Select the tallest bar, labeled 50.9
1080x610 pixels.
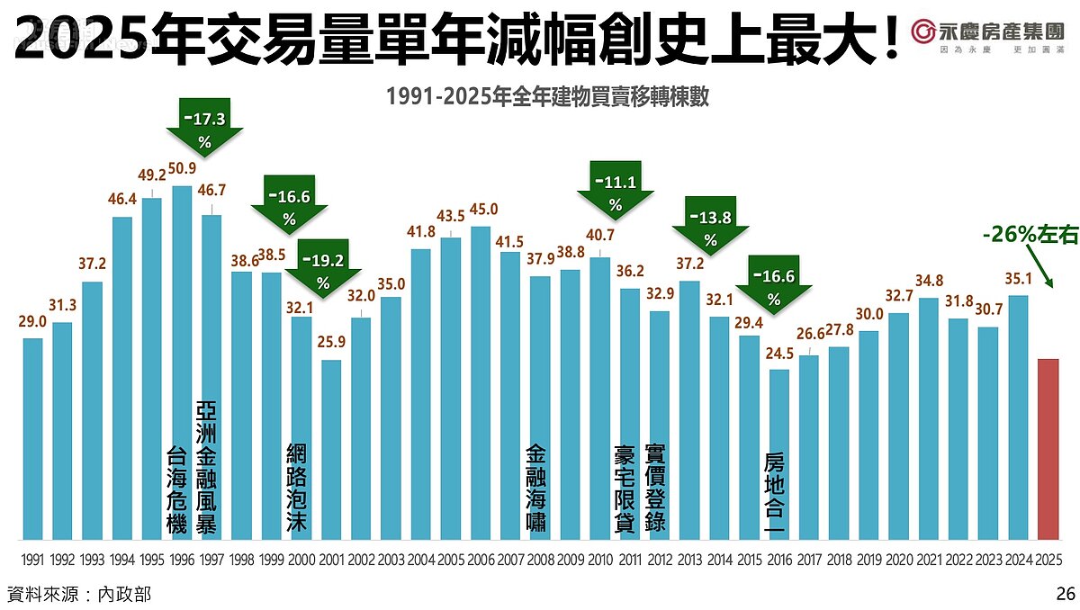(181, 360)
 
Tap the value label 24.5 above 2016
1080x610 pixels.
(779, 354)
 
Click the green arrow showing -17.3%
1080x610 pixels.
(204, 126)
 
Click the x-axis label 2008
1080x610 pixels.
(540, 559)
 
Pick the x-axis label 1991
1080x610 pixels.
(32, 559)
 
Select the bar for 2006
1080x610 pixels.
(481, 382)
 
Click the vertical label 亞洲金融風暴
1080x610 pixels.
(206, 468)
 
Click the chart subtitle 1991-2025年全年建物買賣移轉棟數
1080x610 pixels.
(547, 96)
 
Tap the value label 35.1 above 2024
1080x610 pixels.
(1018, 279)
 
